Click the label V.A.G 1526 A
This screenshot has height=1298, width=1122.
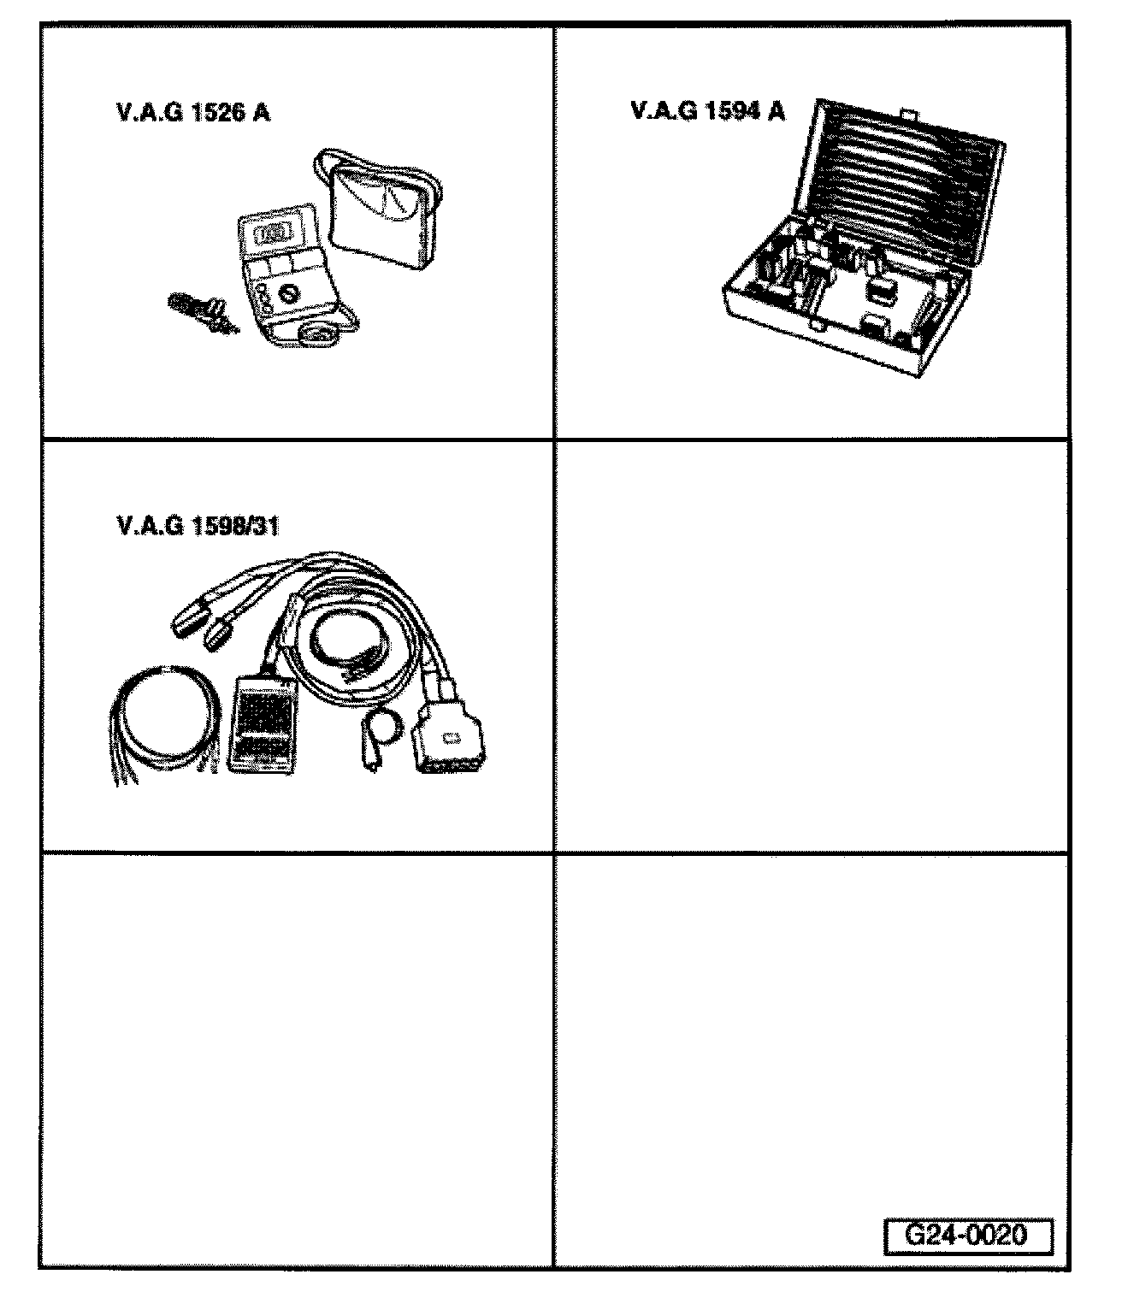192,113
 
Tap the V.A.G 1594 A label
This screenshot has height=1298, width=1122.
707,111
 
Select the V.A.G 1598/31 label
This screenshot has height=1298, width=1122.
198,526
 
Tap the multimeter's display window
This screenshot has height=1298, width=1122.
270,233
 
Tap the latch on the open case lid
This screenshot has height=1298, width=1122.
907,112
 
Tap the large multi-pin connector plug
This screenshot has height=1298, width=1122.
451,740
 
